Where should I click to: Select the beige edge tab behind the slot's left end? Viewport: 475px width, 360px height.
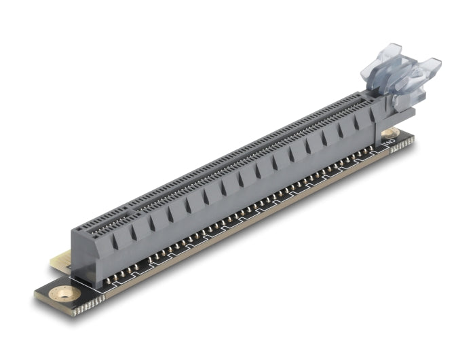click(60, 262)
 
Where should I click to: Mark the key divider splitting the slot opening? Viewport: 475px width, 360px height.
click(129, 207)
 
